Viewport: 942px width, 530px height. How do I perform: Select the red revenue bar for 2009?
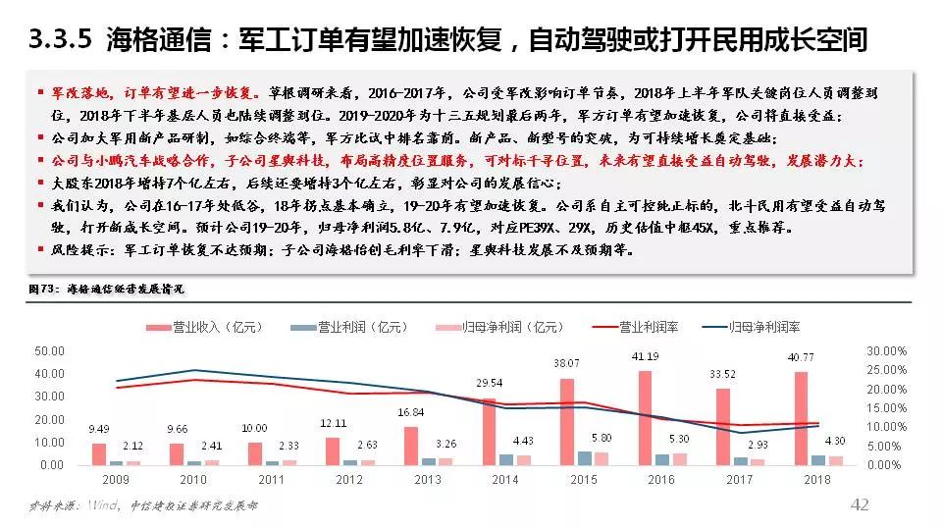[x=99, y=453]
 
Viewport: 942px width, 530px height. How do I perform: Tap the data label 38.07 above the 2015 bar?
[x=565, y=363]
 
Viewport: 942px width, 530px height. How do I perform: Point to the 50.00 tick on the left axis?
[x=49, y=350]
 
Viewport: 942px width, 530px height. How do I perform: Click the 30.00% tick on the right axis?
[x=886, y=350]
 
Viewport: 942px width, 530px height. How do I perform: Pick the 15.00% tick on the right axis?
[x=886, y=407]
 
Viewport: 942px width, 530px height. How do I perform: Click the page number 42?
[x=860, y=504]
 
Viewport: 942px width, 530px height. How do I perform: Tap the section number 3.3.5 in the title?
[x=61, y=39]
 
